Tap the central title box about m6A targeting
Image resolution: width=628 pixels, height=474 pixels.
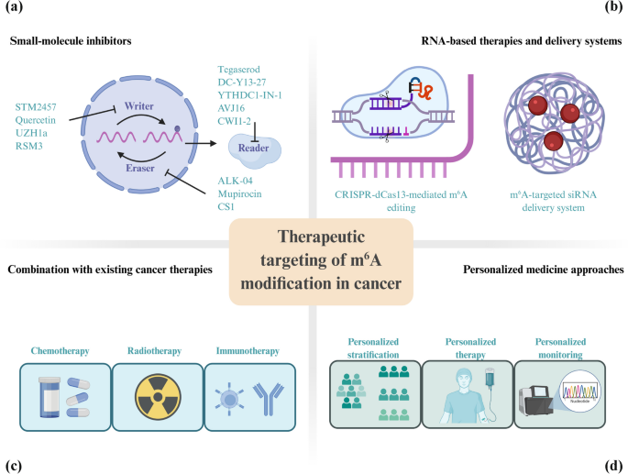[314, 259]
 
